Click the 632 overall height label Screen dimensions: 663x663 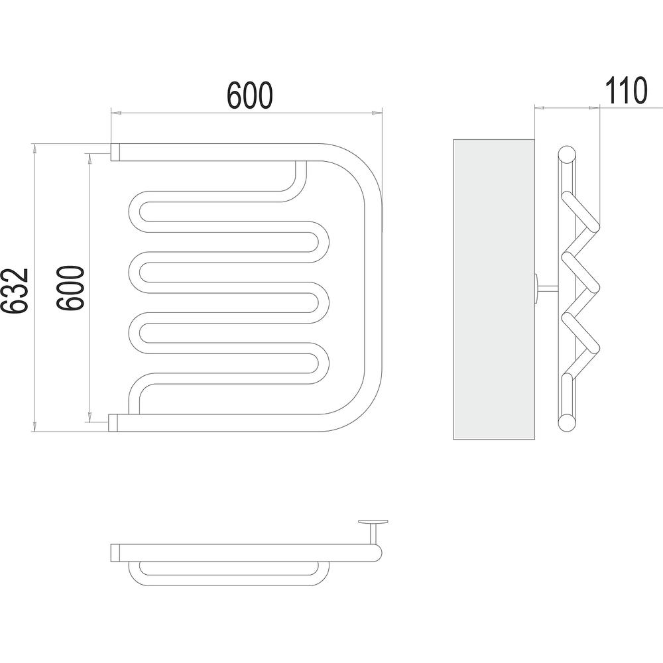tap(15, 291)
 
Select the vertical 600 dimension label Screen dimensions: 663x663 tap(71, 288)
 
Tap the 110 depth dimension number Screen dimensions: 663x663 tap(626, 90)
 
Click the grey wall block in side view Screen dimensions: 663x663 tap(493, 289)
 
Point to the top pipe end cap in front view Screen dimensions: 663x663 tap(115, 152)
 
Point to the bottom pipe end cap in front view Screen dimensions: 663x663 tap(113, 423)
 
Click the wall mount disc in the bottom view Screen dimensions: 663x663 tap(373, 522)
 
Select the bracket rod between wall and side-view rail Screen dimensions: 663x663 tap(548, 288)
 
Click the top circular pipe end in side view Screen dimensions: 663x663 tap(567, 154)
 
